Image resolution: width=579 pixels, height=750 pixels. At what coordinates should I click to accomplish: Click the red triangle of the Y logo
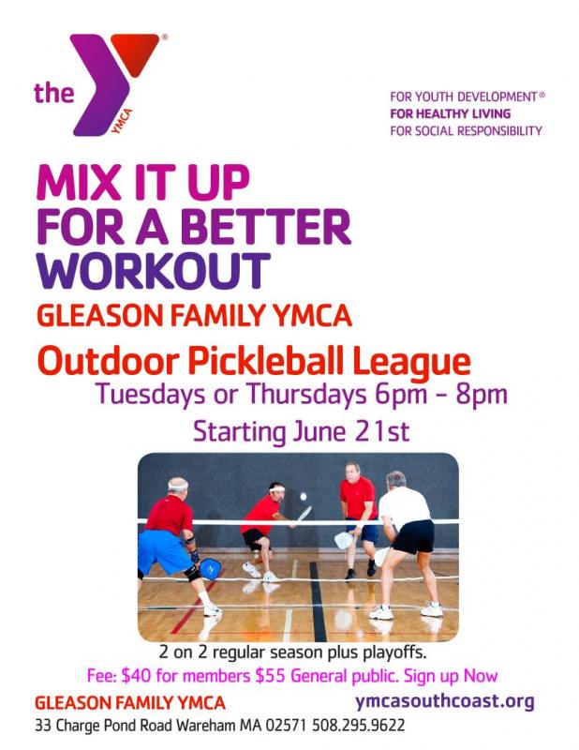click(135, 52)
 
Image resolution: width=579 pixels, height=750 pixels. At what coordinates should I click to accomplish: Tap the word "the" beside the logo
click(54, 92)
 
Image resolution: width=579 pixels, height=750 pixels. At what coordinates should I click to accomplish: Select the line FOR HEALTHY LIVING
click(451, 113)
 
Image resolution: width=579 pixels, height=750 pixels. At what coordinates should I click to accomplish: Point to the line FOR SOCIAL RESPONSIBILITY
click(467, 130)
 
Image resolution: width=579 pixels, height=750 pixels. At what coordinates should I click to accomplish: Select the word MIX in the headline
click(79, 182)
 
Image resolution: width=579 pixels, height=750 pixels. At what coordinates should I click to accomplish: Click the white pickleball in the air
click(303, 497)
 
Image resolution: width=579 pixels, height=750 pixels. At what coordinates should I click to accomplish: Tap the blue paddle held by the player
click(211, 568)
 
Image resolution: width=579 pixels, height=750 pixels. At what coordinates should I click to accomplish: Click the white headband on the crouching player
click(276, 488)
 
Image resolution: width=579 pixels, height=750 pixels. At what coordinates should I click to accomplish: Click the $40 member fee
click(136, 676)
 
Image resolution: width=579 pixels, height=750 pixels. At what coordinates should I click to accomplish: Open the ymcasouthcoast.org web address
click(445, 701)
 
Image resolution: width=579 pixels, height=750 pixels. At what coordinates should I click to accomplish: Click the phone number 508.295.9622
click(358, 725)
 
